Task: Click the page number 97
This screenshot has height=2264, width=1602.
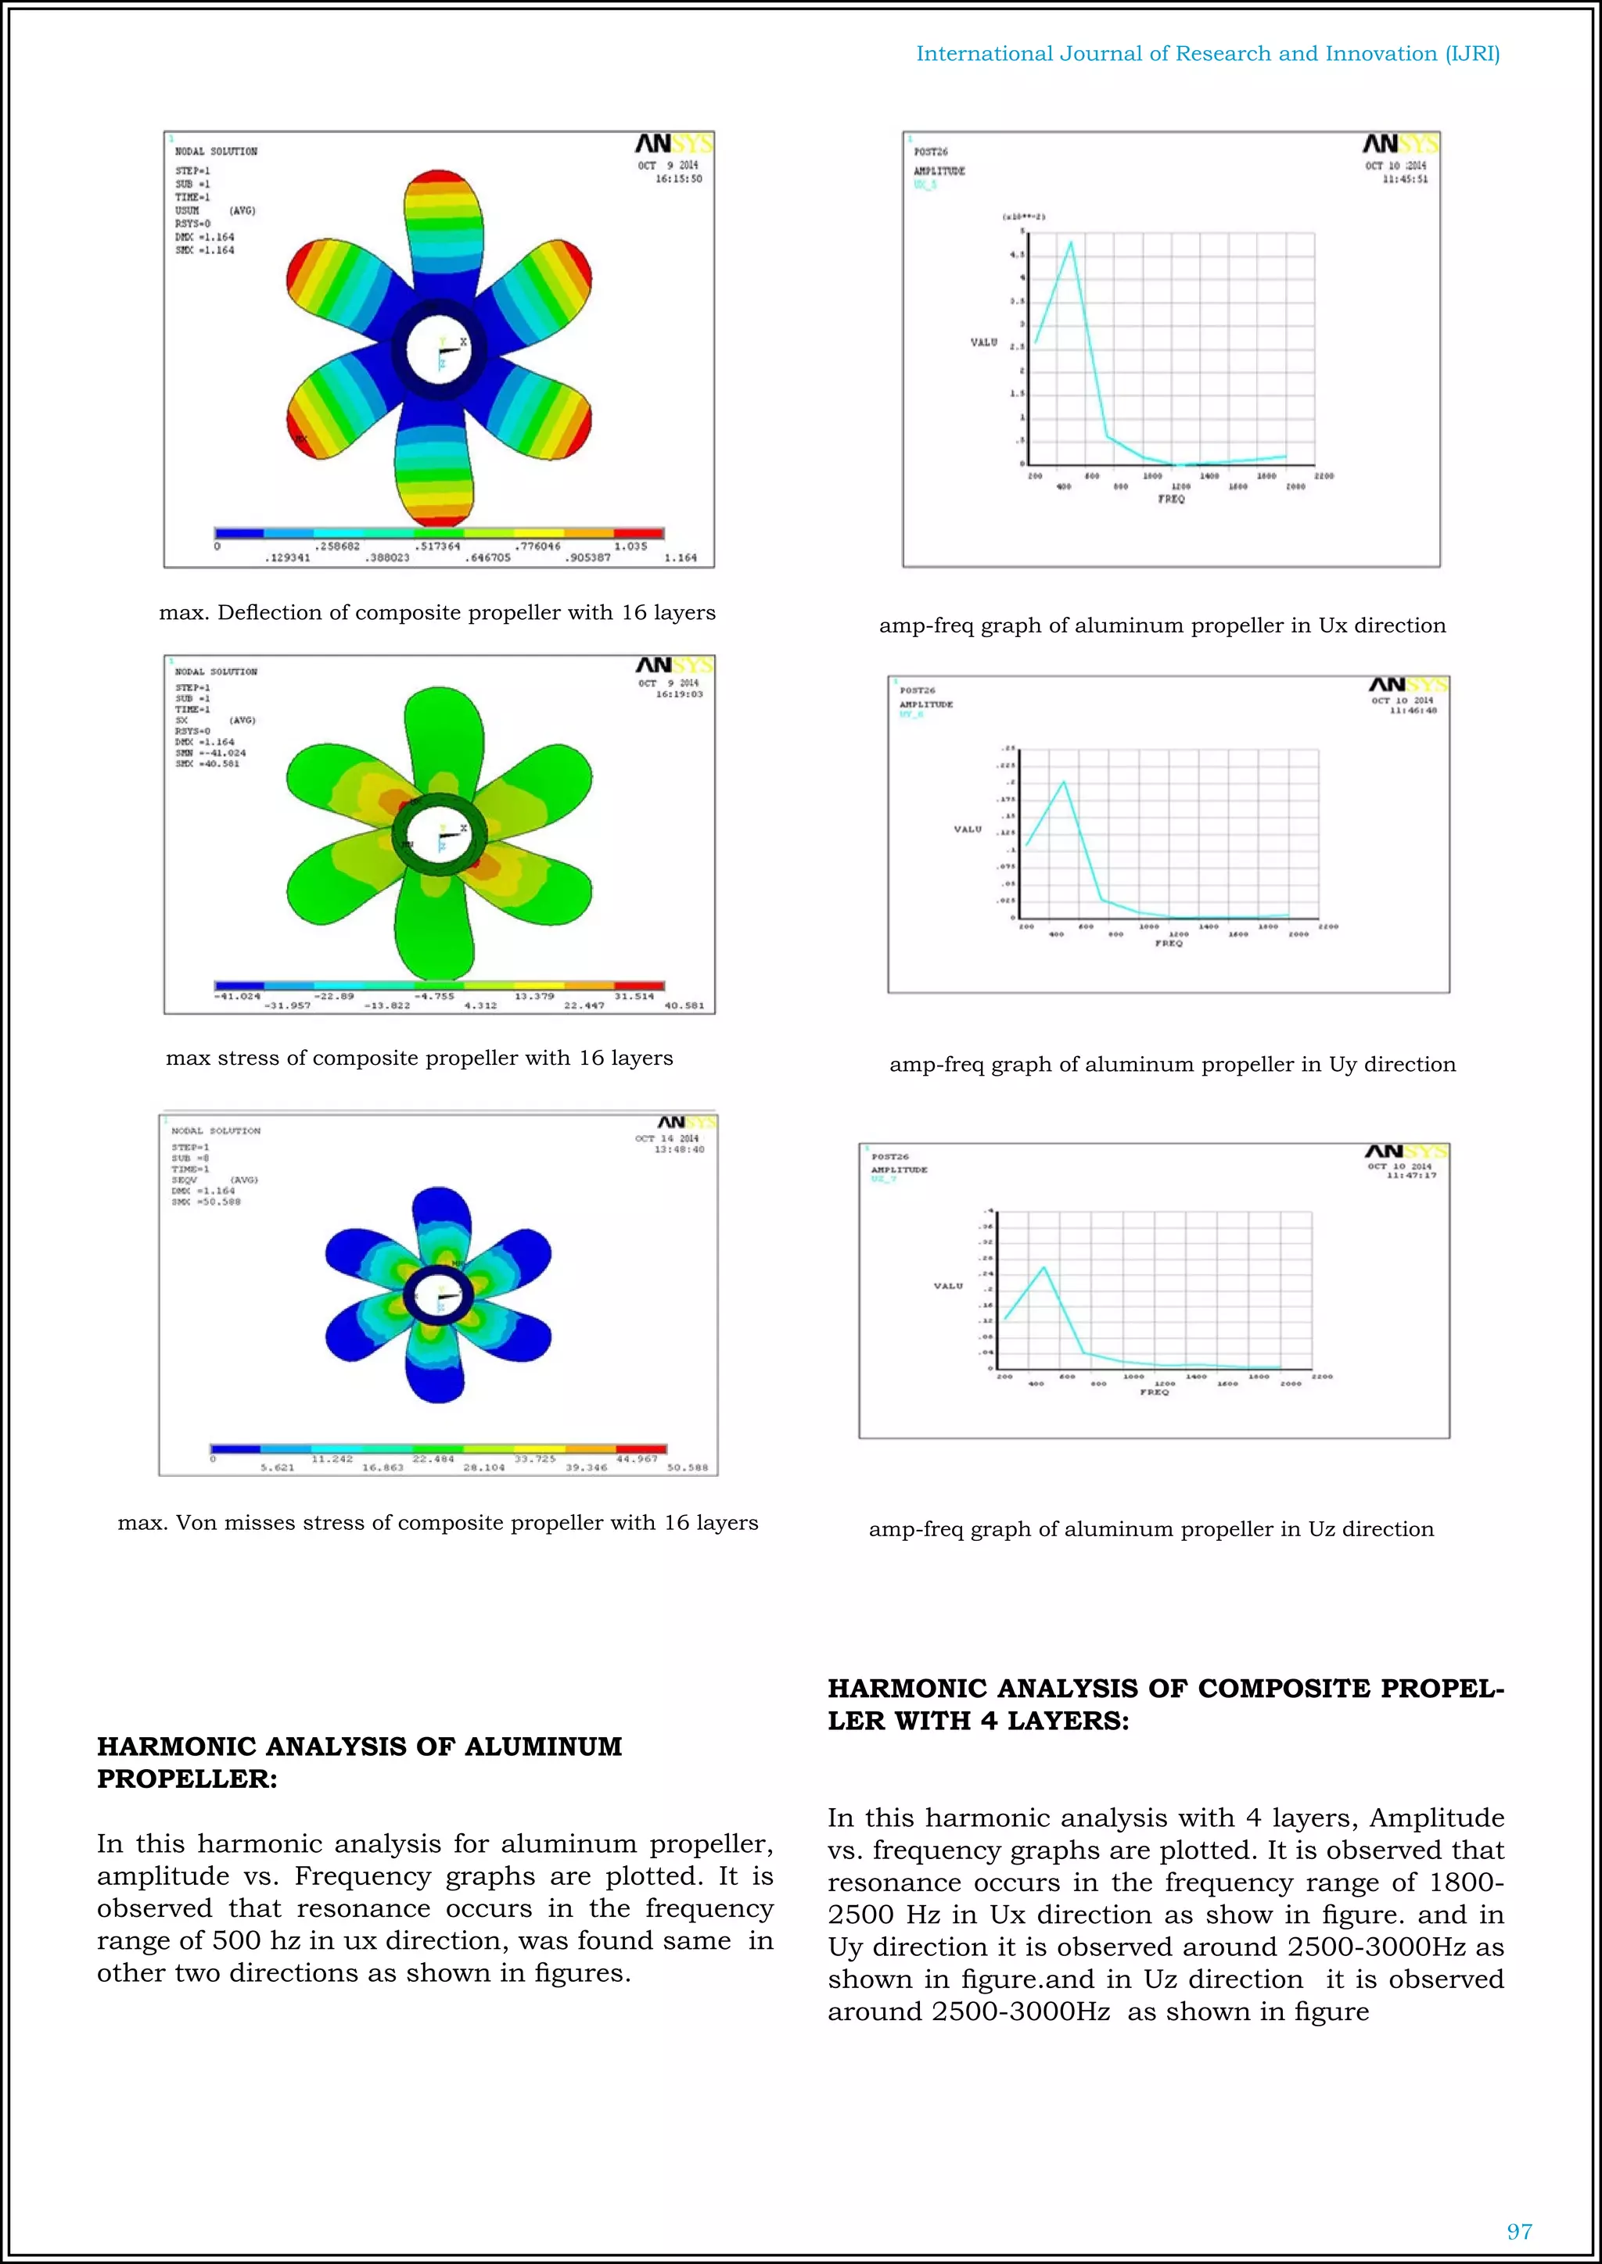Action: tap(1519, 2231)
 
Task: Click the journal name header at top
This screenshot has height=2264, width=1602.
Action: tap(1208, 54)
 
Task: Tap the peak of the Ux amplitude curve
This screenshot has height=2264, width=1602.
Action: tap(1072, 242)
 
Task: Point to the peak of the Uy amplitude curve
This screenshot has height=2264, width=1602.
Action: tap(1063, 782)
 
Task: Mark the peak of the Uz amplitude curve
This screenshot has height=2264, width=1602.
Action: tap(1043, 1267)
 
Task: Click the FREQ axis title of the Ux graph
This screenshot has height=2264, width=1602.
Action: tap(1171, 499)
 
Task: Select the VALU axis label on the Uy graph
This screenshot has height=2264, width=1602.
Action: tap(968, 829)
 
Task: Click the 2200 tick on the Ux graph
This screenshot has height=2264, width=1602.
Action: tap(1324, 476)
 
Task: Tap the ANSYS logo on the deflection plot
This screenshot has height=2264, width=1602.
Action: tap(673, 145)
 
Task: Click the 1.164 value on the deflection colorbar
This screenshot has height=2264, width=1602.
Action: tap(680, 558)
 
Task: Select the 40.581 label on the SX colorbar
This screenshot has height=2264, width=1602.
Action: tap(684, 1006)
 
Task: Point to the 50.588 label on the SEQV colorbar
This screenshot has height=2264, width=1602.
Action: tap(687, 1467)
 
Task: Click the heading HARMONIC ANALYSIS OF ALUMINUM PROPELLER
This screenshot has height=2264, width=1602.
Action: tap(359, 1762)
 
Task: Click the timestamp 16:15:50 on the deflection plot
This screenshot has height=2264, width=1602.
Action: tap(679, 180)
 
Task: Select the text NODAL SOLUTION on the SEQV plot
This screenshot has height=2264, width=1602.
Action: tap(216, 1131)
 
